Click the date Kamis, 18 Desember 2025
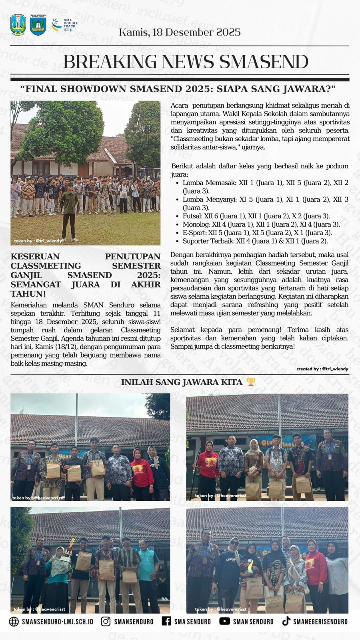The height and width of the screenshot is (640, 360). (180, 32)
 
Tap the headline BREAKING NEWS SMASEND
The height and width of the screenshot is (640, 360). (186, 62)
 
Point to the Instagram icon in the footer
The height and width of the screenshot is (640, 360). (106, 621)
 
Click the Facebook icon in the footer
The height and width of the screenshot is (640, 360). (166, 621)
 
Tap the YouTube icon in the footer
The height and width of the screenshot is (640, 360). (224, 621)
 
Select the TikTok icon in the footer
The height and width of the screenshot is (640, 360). (286, 621)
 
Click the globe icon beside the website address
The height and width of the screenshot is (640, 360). (14, 621)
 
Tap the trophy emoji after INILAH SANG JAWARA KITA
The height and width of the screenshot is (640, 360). (251, 382)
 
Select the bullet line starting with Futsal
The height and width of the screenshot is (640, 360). (256, 216)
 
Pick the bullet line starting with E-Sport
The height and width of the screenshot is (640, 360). (257, 232)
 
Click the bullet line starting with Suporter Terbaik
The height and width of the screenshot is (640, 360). (255, 241)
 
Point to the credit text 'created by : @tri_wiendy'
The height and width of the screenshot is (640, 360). (322, 369)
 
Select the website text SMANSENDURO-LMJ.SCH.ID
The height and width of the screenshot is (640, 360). (57, 622)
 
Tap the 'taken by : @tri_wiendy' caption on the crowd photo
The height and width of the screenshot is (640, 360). (38, 241)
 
